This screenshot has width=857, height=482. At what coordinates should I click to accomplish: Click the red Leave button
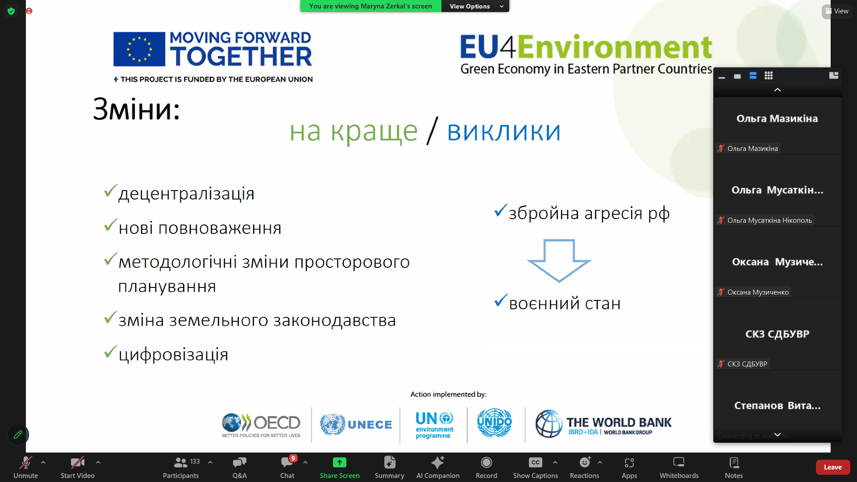(x=832, y=467)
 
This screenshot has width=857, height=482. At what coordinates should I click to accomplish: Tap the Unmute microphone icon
(x=25, y=462)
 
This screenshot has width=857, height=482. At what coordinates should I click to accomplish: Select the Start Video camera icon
(x=77, y=462)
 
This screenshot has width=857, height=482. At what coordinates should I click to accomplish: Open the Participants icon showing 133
(x=180, y=462)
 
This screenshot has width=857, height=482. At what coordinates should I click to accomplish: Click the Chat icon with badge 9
(x=287, y=462)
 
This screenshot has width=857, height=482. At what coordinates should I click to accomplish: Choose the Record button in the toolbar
(x=486, y=462)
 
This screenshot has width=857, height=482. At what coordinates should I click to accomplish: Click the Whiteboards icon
(x=679, y=462)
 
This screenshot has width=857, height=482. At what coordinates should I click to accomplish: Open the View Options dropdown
(x=475, y=6)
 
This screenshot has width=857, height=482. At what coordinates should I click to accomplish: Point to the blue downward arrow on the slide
(x=559, y=261)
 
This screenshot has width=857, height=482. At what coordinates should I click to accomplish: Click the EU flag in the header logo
(x=139, y=49)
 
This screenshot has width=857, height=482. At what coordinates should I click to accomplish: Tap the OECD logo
(x=261, y=425)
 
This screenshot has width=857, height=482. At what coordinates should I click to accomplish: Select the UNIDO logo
(x=495, y=423)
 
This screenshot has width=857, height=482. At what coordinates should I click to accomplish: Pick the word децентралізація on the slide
(x=187, y=194)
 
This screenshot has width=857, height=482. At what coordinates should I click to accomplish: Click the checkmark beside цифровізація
(x=110, y=352)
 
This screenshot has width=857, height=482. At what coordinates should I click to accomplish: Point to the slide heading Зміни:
(x=136, y=109)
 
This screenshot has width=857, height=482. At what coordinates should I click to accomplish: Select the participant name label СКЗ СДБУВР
(x=747, y=364)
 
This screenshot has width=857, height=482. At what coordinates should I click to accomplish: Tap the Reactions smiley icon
(x=584, y=462)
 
